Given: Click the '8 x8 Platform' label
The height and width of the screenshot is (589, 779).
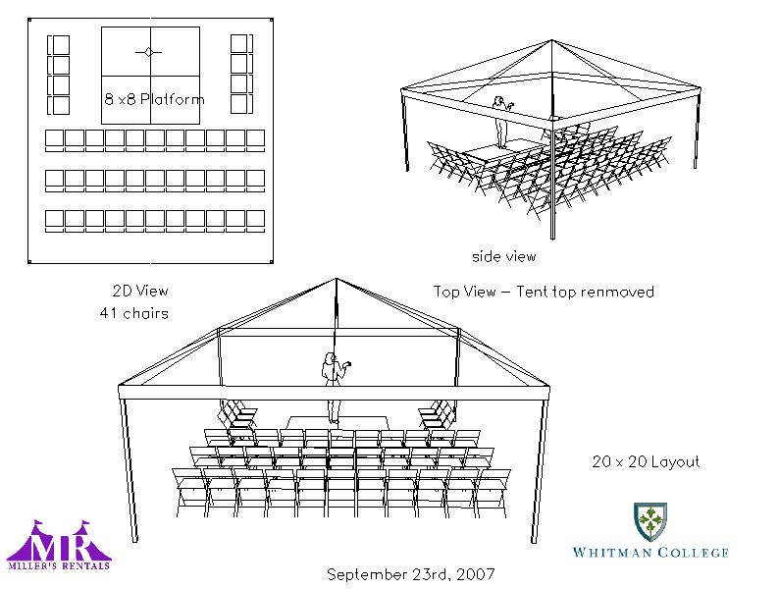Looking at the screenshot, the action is click(154, 99).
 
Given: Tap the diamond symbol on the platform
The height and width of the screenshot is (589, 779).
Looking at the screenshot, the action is click(148, 52).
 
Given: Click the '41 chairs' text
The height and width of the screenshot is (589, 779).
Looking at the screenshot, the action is click(134, 313).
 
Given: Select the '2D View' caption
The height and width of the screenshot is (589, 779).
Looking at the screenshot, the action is click(140, 291).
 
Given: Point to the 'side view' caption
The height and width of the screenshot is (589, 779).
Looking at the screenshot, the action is click(503, 256).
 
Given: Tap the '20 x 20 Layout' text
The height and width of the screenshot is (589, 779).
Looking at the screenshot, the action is click(646, 461).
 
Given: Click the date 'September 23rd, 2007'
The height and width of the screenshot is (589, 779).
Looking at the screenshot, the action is click(411, 574).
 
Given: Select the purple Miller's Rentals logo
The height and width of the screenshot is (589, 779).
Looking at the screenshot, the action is click(59, 545).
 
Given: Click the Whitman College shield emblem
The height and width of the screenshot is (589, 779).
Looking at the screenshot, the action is click(650, 521).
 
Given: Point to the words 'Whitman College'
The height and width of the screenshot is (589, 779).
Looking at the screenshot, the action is click(650, 553).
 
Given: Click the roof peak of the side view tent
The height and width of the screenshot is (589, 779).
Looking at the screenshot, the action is click(551, 40).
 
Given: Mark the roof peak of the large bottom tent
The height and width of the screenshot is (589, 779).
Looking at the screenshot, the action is click(337, 279).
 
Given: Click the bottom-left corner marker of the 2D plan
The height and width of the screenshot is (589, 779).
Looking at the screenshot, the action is click(29, 261).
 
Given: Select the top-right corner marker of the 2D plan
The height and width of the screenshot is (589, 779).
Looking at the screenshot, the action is click(271, 21).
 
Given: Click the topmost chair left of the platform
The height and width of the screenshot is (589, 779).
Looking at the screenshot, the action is click(59, 45).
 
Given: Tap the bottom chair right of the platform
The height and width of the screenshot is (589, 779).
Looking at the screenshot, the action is click(242, 104).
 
